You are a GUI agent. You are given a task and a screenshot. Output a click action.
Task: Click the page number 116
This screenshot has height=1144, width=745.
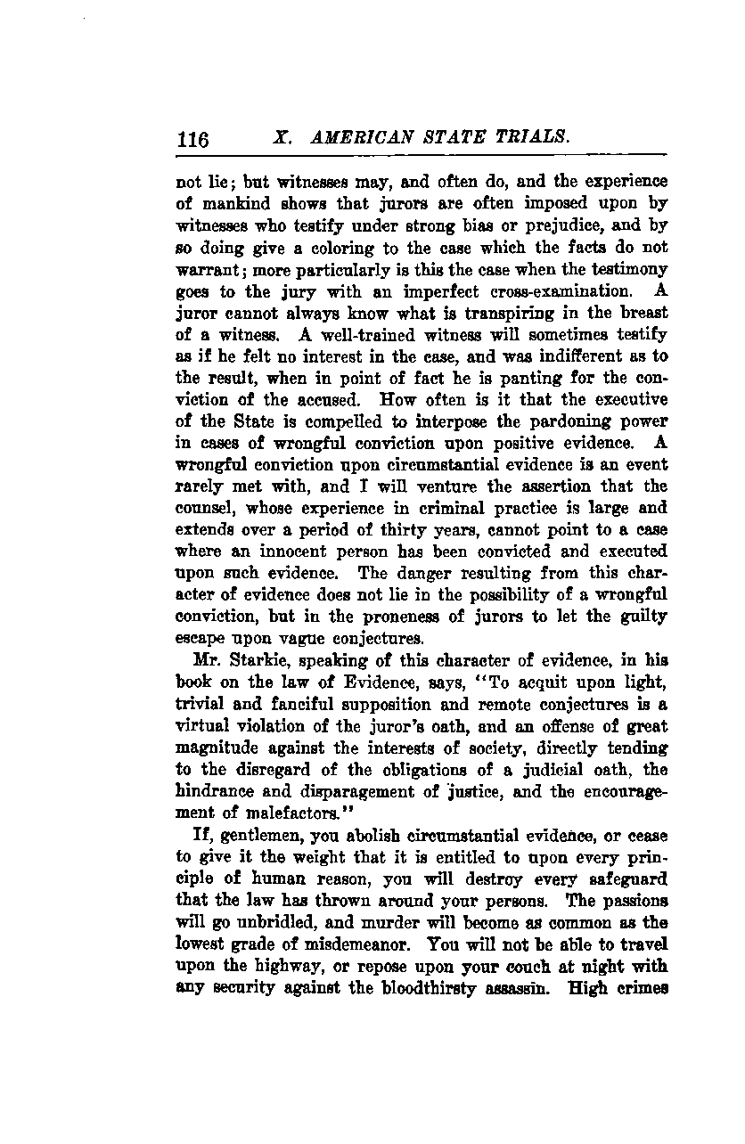point(192,141)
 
